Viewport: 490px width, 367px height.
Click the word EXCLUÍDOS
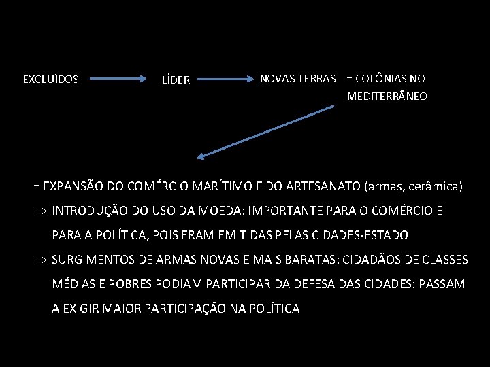51,80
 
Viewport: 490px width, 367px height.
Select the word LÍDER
176,80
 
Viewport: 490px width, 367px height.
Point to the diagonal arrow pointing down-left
265,133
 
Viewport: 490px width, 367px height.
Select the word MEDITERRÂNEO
387,97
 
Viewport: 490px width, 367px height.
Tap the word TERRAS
316,79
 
